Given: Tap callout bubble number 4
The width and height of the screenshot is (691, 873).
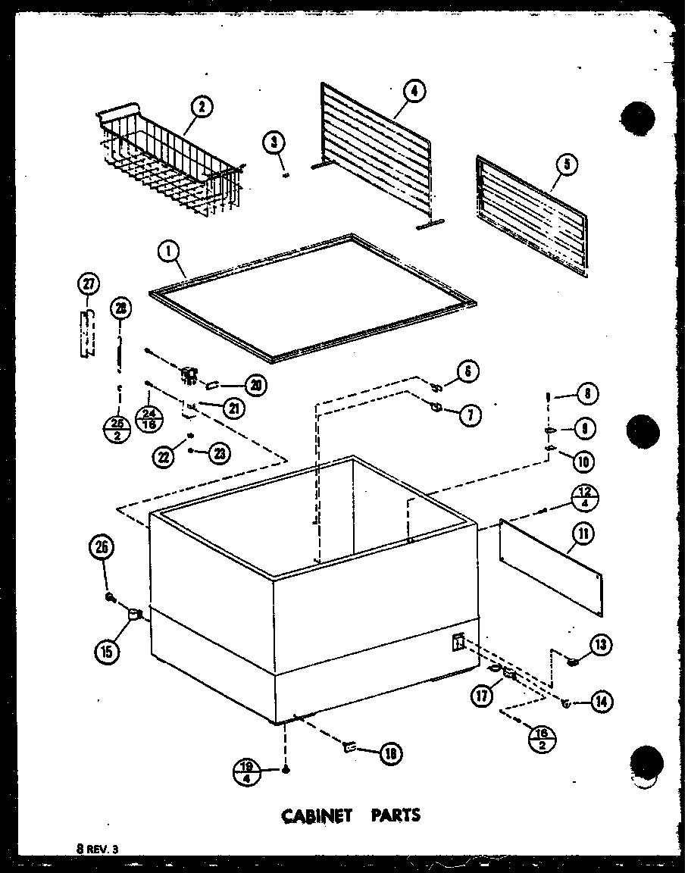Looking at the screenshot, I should (413, 92).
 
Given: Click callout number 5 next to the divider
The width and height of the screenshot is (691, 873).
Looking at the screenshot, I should (566, 163).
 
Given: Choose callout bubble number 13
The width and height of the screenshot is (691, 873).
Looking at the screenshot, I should (601, 645).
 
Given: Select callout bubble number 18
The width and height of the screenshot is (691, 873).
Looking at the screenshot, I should (392, 753).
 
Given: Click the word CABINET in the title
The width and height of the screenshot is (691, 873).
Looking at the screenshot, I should (317, 815).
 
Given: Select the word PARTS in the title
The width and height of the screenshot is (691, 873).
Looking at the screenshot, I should (395, 815).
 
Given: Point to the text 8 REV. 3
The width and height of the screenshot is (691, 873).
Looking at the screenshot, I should (97, 851).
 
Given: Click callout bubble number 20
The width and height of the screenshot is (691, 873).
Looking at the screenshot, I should (255, 386).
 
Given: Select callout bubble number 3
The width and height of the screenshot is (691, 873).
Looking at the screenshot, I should (275, 141).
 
